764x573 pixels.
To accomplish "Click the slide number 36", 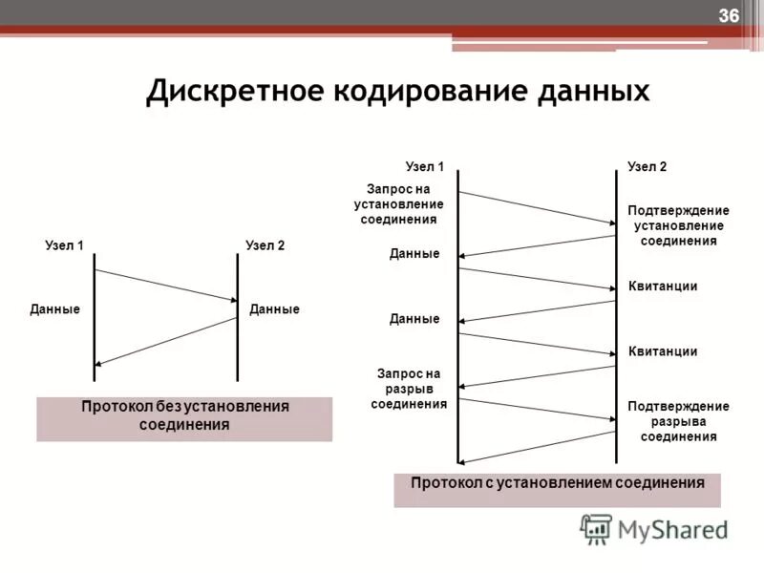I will click(729, 15).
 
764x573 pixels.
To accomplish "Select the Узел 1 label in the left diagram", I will click(65, 245).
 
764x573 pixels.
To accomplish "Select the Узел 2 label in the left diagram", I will click(265, 245).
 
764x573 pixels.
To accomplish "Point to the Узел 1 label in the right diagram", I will click(425, 166).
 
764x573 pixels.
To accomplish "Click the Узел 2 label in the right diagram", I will click(647, 166).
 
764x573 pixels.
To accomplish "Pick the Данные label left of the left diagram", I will click(54, 309).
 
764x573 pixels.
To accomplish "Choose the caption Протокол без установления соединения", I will click(184, 415).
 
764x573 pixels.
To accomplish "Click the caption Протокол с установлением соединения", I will click(557, 483).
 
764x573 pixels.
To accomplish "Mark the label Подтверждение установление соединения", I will click(678, 225).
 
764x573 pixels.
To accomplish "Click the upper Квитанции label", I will click(663, 286).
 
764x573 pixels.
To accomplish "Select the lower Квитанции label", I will click(663, 351).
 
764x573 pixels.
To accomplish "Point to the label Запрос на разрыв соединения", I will click(409, 389).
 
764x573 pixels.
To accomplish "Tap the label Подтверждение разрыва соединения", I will click(678, 421).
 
